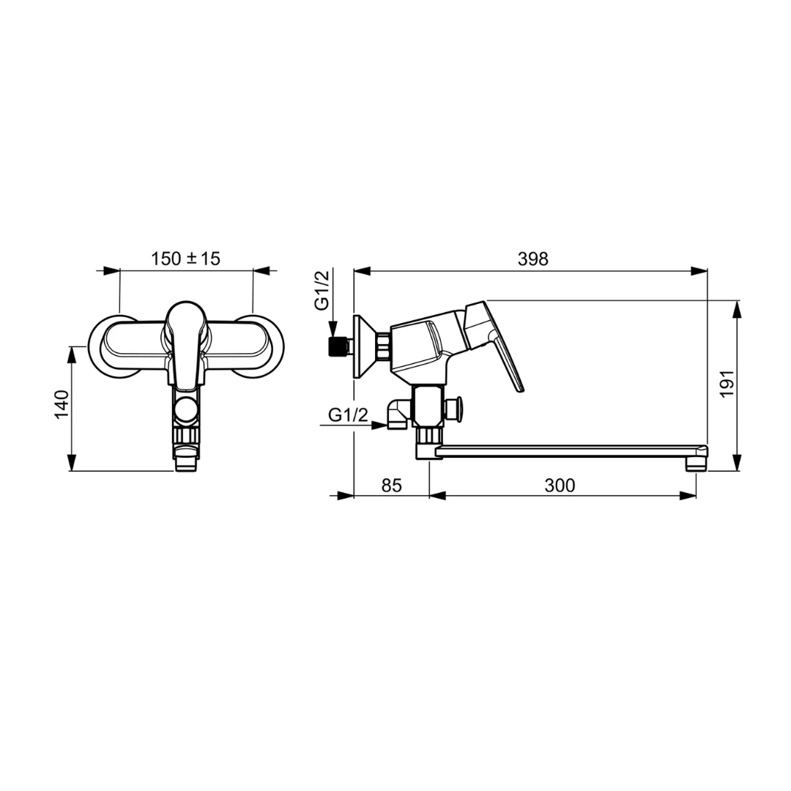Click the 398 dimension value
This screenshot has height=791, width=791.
point(532,259)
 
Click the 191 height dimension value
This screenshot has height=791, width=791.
point(727,384)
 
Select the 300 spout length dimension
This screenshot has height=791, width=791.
point(560,486)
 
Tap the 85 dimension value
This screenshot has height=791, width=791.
point(391,486)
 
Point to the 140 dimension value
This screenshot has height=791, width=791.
point(62,404)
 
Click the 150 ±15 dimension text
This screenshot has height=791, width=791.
point(185,259)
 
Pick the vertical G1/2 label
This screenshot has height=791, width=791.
point(322,290)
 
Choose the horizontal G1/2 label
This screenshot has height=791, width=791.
point(348,415)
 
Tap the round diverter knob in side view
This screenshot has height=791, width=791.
point(454,408)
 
